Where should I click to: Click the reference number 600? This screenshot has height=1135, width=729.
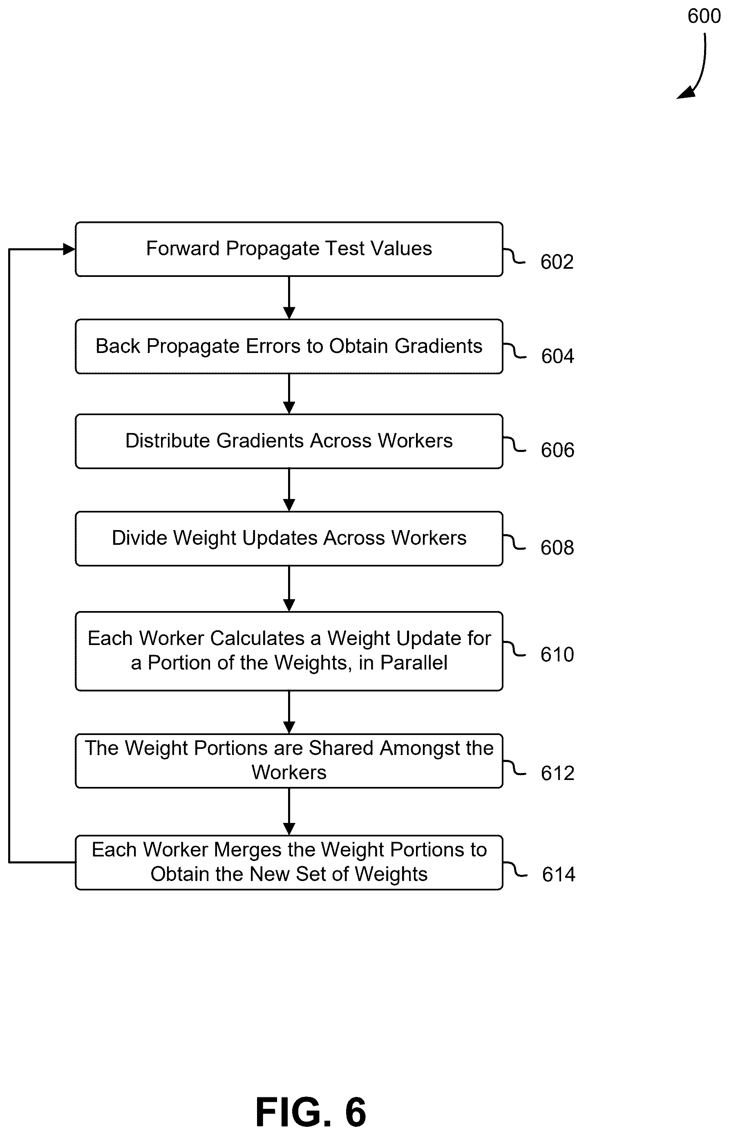click(x=704, y=16)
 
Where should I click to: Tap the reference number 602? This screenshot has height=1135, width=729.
click(x=557, y=262)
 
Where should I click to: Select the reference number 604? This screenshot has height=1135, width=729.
click(x=558, y=356)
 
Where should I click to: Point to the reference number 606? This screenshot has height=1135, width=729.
click(x=558, y=450)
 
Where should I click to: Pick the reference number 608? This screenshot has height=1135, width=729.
click(x=557, y=548)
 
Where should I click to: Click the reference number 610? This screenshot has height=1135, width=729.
click(x=557, y=655)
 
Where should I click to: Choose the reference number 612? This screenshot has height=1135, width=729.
click(x=558, y=773)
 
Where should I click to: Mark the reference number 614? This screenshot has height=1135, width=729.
click(x=559, y=874)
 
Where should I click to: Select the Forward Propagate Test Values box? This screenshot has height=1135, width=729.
click(x=289, y=249)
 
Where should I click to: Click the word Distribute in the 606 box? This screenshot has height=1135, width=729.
click(x=168, y=441)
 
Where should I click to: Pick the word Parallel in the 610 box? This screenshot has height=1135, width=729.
click(x=414, y=663)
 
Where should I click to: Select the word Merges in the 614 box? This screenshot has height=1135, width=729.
click(x=248, y=850)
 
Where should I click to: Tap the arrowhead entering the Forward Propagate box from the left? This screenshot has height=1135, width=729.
click(x=69, y=249)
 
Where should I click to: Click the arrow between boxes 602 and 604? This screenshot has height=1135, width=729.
click(x=289, y=298)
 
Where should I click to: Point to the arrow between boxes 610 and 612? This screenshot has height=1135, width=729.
click(x=289, y=712)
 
